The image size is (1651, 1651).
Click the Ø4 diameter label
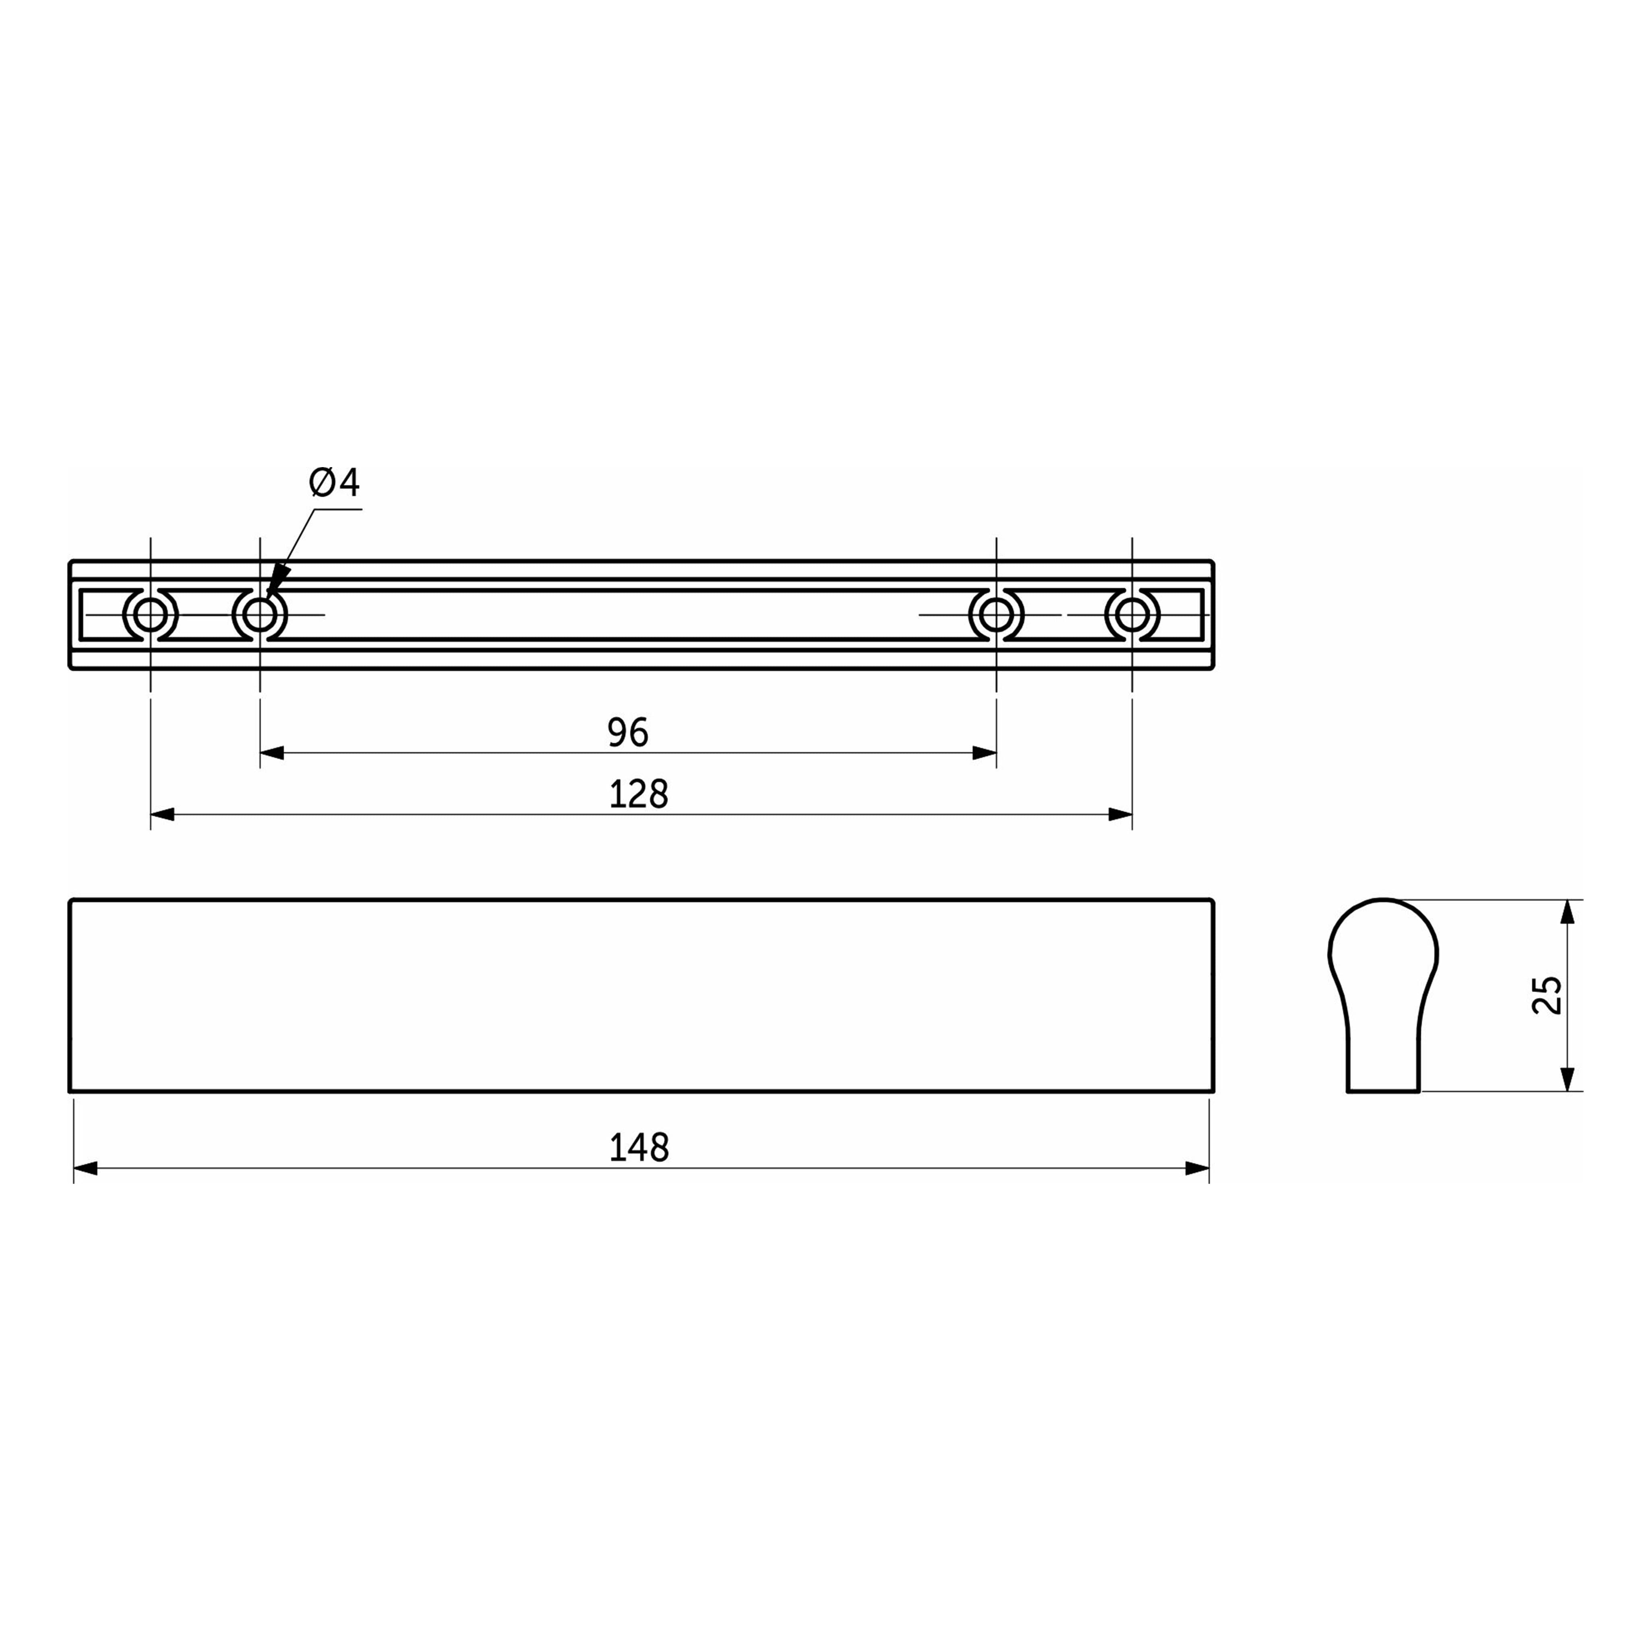coord(334,483)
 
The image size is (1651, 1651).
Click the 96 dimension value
coord(628,732)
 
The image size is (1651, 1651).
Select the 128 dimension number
coord(638,794)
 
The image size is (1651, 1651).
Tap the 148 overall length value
coord(638,1148)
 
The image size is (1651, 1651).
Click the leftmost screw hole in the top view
coord(150,614)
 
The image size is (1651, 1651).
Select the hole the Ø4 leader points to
coord(260,614)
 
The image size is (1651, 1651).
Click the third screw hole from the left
coord(996,614)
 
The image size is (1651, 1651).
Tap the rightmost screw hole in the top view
coord(1132,614)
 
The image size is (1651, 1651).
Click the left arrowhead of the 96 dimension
coord(272,753)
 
